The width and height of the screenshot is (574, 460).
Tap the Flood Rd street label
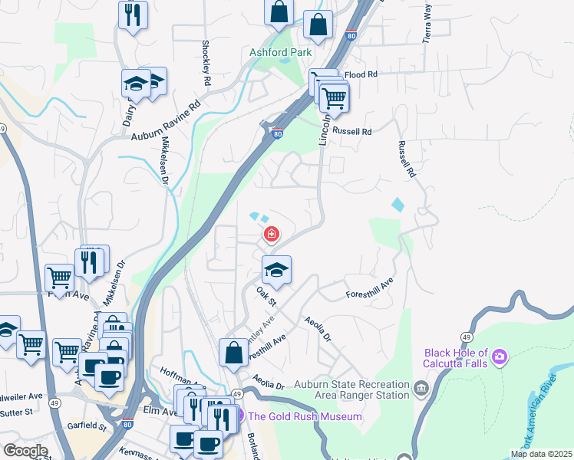(361, 75)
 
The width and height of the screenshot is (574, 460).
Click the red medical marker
(271, 235)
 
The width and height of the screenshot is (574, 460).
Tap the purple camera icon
(500, 356)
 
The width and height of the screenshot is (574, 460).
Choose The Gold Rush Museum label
(305, 416)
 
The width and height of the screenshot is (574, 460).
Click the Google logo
(25, 451)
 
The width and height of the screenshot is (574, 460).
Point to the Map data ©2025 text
(540, 454)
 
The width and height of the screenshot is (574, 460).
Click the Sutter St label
(16, 412)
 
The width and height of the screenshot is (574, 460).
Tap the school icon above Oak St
(277, 270)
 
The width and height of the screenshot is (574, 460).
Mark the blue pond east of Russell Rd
(398, 205)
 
